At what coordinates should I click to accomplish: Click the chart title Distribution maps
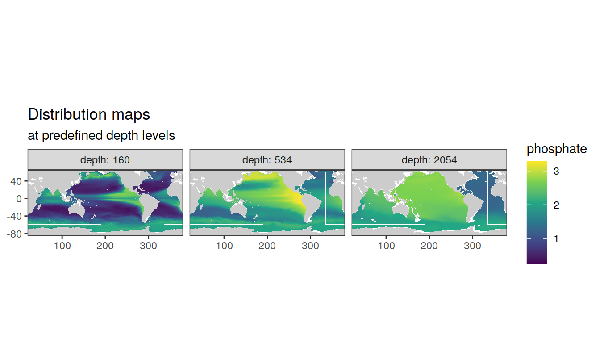(x=89, y=114)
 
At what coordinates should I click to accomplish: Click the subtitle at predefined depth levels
(x=101, y=135)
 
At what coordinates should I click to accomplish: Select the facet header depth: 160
(x=105, y=160)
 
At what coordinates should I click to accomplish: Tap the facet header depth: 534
(x=267, y=160)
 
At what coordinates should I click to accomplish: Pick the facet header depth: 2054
(x=429, y=160)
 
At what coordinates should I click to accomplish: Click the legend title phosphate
(x=557, y=149)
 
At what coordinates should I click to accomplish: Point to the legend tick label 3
(x=556, y=171)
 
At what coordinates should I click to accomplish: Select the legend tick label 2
(x=556, y=205)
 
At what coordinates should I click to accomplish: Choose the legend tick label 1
(x=556, y=239)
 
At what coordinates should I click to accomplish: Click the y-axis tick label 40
(x=16, y=181)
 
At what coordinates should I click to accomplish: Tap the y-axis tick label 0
(x=19, y=199)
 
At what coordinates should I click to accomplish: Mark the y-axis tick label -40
(x=14, y=216)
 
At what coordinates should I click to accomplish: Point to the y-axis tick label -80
(x=14, y=234)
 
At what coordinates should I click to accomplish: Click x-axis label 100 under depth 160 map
(x=62, y=246)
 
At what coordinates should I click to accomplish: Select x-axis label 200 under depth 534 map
(x=267, y=246)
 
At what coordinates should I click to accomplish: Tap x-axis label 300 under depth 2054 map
(x=472, y=246)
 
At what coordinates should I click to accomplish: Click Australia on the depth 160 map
(x=77, y=209)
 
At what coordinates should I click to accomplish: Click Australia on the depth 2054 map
(x=401, y=209)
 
